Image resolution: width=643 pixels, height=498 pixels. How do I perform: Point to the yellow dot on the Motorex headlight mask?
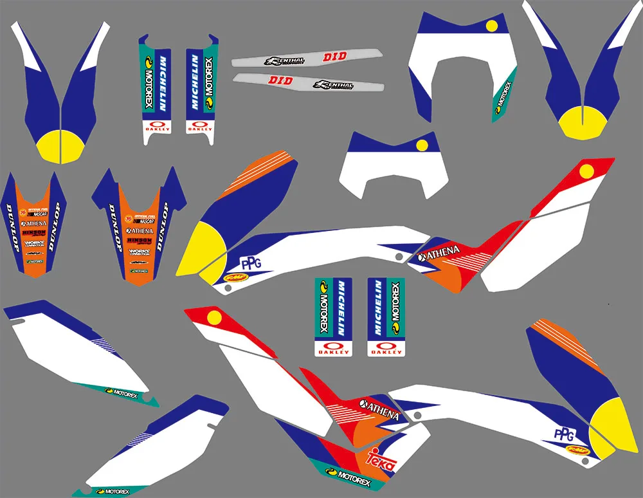[x=493, y=26]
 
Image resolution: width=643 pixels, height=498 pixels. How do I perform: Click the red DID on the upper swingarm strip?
[x=334, y=57]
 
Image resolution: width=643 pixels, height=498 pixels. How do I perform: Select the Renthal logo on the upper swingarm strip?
[x=285, y=61]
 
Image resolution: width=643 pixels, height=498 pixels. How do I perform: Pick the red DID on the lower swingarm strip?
[x=280, y=80]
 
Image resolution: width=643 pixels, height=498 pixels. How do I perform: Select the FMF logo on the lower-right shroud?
[x=577, y=451]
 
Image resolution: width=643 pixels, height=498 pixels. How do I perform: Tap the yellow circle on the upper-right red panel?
[x=586, y=171]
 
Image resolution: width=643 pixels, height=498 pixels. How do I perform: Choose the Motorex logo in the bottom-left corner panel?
[x=113, y=492]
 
